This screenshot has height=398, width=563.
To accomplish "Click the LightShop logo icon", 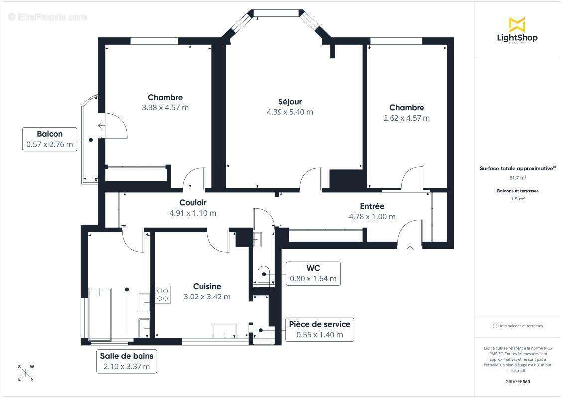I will (517, 24).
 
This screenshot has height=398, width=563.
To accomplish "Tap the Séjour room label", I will (290, 102).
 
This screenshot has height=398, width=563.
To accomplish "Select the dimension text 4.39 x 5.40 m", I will (290, 112).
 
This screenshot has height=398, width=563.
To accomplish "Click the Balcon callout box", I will (50, 139).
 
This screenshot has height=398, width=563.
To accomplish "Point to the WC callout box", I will (313, 273).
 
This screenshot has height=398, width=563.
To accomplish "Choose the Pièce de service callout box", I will (319, 329).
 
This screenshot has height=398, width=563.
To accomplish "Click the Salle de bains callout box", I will (127, 362).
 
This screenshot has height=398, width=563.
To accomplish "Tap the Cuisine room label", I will (207, 286).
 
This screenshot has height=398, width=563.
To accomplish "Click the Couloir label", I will (193, 203).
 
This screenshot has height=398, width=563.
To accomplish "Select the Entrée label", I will (372, 206).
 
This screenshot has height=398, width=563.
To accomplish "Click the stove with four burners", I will (163, 294).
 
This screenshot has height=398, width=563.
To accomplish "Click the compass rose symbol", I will (26, 373).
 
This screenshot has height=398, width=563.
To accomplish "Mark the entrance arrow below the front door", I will (410, 249).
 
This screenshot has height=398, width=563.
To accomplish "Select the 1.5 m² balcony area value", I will (518, 199).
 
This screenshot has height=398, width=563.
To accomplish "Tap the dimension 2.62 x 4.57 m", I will (407, 118).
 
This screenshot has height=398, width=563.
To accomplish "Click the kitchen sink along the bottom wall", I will (226, 331).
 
